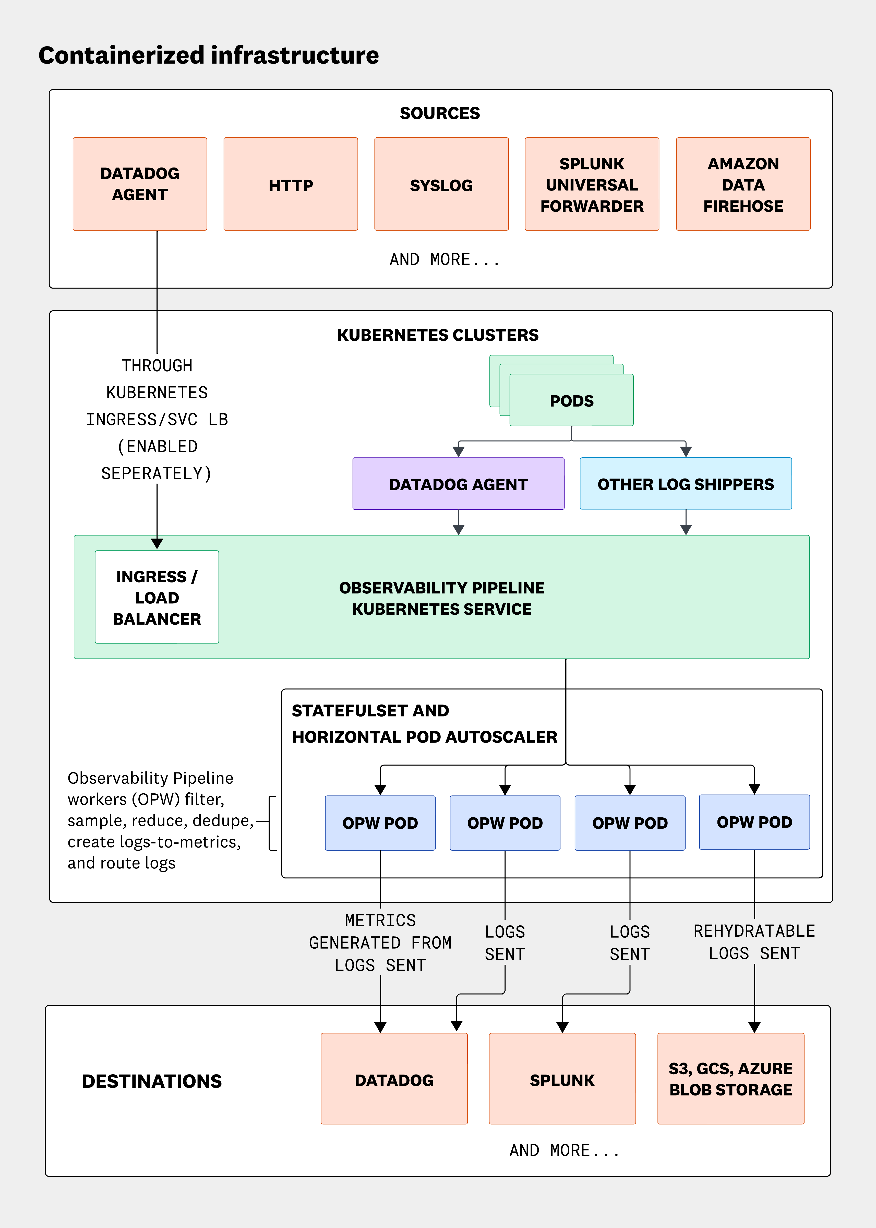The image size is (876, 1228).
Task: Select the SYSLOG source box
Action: [441, 185]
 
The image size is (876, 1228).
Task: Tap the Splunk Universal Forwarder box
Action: [592, 185]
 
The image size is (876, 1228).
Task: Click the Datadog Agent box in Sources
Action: [140, 185]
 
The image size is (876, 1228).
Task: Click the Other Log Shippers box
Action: [686, 484]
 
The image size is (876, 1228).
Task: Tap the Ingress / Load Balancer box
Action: [157, 597]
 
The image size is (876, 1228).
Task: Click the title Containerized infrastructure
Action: [209, 56]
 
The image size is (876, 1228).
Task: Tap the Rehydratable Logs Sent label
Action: [754, 942]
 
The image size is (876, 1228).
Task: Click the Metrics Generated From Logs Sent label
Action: [380, 943]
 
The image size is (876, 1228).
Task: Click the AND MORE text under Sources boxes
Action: [445, 259]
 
